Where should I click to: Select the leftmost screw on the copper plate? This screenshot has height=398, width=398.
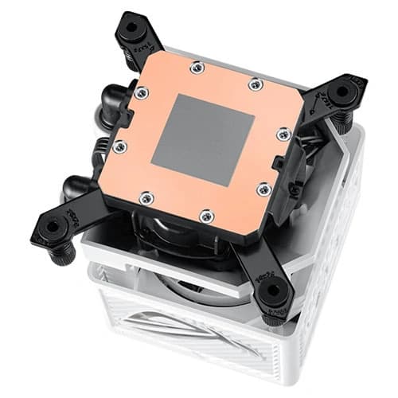[119, 146]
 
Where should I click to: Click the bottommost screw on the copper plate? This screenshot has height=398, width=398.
[205, 214]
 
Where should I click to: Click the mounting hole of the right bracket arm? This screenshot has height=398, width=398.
[342, 92]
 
